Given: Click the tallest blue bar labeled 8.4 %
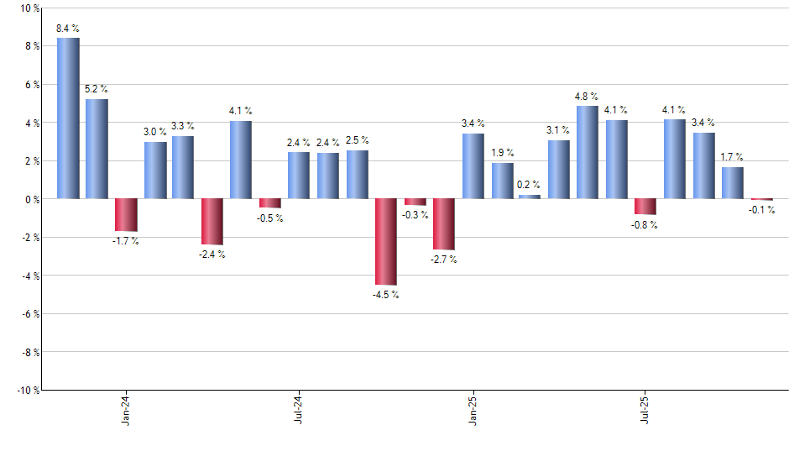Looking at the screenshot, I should [x=68, y=118].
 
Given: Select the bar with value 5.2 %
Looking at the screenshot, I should [x=97, y=149].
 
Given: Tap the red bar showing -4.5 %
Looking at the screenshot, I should [x=386, y=242].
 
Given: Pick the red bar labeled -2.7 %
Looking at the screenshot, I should [x=443, y=224].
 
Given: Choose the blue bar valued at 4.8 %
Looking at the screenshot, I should [x=588, y=153].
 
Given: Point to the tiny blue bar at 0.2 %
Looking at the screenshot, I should [x=530, y=197].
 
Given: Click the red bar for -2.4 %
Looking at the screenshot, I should [x=212, y=222].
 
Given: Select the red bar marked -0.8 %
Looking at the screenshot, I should [x=645, y=207].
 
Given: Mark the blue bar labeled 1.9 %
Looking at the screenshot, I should [x=502, y=181].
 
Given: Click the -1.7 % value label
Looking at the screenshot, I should [x=126, y=242].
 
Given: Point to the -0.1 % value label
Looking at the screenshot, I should [x=761, y=210].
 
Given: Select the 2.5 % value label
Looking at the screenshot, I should [x=358, y=140].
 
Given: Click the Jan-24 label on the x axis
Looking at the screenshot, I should [x=126, y=410].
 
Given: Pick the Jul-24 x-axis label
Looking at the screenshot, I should [x=300, y=410].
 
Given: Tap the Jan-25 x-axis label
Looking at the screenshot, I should [x=473, y=410].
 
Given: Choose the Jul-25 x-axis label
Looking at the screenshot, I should [x=645, y=410].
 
